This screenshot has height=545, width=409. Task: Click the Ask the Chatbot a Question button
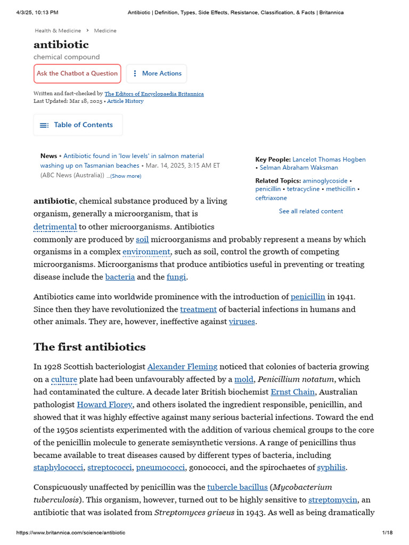pyautogui.click(x=77, y=73)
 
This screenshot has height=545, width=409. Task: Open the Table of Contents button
pyautogui.click(x=78, y=125)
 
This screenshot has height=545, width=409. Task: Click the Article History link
pyautogui.click(x=125, y=101)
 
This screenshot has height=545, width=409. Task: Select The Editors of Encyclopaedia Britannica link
pyautogui.click(x=154, y=94)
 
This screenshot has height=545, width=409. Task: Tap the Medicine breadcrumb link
pyautogui.click(x=105, y=31)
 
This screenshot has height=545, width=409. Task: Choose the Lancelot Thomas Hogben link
pyautogui.click(x=329, y=160)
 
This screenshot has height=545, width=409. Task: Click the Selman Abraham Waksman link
pyautogui.click(x=299, y=168)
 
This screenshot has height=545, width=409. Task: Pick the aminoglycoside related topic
pyautogui.click(x=325, y=181)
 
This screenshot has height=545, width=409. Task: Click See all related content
pyautogui.click(x=311, y=211)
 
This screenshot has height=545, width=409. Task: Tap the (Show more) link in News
pyautogui.click(x=126, y=176)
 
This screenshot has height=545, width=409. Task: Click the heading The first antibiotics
pyautogui.click(x=89, y=347)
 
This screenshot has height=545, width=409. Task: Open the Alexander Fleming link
pyautogui.click(x=182, y=367)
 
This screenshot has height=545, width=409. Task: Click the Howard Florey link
pyautogui.click(x=104, y=404)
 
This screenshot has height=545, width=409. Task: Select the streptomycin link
pyautogui.click(x=333, y=500)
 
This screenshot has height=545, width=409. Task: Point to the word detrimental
pyautogui.click(x=55, y=227)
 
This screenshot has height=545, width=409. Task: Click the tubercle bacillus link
pyautogui.click(x=237, y=487)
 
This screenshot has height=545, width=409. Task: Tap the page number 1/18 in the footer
pyautogui.click(x=387, y=533)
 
